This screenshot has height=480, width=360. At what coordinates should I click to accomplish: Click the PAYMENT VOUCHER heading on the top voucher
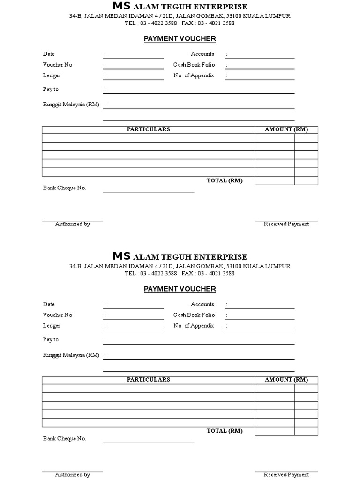click(180, 39)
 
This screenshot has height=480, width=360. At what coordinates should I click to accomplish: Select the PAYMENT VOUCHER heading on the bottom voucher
click(180, 289)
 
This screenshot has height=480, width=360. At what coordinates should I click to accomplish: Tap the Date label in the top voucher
click(49, 54)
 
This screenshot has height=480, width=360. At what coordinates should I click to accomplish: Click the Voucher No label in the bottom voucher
click(58, 315)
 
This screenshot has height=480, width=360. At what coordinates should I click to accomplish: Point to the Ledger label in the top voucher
click(52, 75)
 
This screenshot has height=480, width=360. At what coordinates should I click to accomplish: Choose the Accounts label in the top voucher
click(202, 54)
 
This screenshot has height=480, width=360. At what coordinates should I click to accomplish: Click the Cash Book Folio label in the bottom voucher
click(194, 315)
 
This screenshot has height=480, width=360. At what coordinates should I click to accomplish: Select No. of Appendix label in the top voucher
click(194, 75)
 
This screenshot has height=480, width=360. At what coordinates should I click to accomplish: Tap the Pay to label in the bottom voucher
click(51, 339)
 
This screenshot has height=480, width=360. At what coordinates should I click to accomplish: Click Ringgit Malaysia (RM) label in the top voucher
click(71, 105)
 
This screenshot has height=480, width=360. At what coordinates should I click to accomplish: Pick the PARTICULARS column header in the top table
click(149, 129)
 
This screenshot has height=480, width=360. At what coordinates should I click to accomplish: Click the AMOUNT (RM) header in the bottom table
click(286, 380)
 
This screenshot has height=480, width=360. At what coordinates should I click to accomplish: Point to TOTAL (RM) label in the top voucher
click(225, 181)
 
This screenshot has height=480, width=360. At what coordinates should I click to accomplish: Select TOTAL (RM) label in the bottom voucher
click(225, 431)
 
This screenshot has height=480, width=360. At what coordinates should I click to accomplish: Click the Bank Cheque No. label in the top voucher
click(65, 188)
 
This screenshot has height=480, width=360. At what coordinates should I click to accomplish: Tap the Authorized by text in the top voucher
click(72, 224)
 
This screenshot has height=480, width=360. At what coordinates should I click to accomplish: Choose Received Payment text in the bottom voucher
click(286, 474)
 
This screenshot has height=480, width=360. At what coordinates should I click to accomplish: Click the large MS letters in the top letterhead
click(122, 6)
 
